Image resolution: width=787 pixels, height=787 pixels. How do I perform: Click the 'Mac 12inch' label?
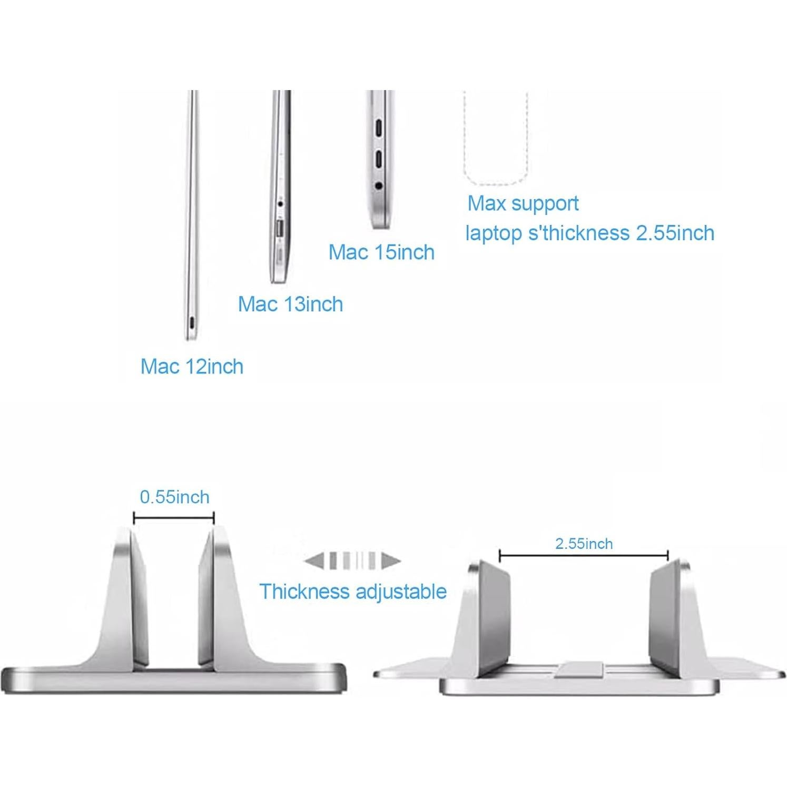click(x=192, y=367)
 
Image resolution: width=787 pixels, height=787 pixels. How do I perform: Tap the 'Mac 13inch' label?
click(x=290, y=304)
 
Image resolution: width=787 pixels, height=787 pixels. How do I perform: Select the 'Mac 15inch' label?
click(x=381, y=252)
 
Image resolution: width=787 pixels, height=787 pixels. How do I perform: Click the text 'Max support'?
click(x=523, y=203)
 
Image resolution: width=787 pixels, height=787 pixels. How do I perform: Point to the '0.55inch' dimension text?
click(x=174, y=497)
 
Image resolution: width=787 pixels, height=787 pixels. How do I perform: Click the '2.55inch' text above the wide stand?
click(x=584, y=544)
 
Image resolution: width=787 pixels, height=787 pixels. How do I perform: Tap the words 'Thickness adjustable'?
click(x=353, y=592)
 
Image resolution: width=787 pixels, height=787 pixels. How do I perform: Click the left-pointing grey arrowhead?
click(x=314, y=560)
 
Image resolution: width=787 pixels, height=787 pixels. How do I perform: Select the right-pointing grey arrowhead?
click(x=391, y=560)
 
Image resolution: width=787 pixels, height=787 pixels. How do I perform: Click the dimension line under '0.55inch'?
click(x=174, y=518)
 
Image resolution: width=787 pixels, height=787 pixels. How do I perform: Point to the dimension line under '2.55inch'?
click(x=584, y=555)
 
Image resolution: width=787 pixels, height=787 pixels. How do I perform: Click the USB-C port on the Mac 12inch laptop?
click(x=191, y=323)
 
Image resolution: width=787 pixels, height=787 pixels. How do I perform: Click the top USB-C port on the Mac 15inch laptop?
click(x=378, y=128)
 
